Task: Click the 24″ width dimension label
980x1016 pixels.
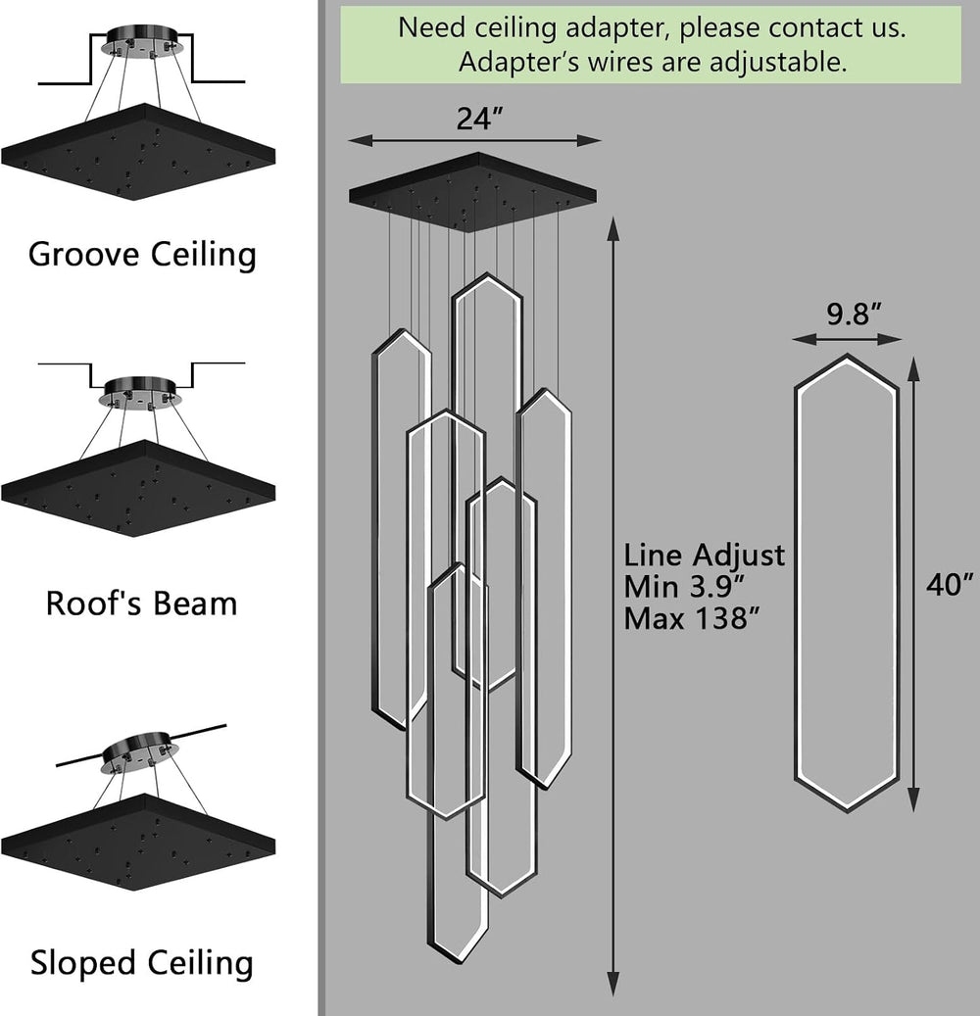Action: (479, 118)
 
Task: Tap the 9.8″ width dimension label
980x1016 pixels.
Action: (854, 314)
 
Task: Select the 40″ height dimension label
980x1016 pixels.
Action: (950, 585)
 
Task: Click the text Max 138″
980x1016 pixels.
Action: (691, 618)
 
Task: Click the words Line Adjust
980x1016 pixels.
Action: (705, 556)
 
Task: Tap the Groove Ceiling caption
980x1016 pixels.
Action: (143, 254)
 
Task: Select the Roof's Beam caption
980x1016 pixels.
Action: (142, 604)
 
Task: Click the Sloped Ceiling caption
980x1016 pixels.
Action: (142, 962)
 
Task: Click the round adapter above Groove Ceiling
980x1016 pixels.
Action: (141, 41)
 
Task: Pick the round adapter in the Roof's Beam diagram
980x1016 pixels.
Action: (139, 393)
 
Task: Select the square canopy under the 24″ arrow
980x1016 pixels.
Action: (472, 192)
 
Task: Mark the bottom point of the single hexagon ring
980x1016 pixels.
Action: (847, 810)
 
